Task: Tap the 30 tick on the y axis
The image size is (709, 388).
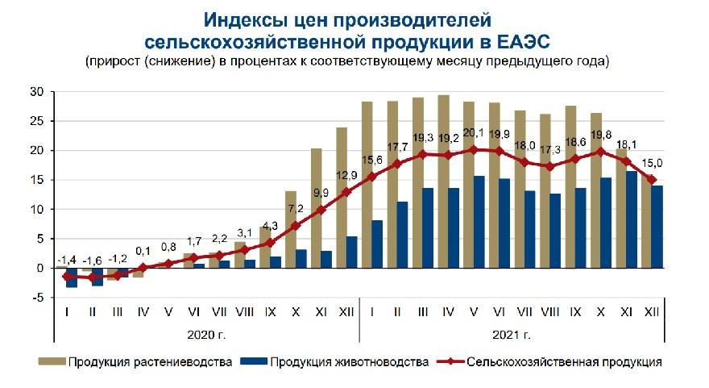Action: point(37,92)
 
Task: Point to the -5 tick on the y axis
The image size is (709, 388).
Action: point(37,298)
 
